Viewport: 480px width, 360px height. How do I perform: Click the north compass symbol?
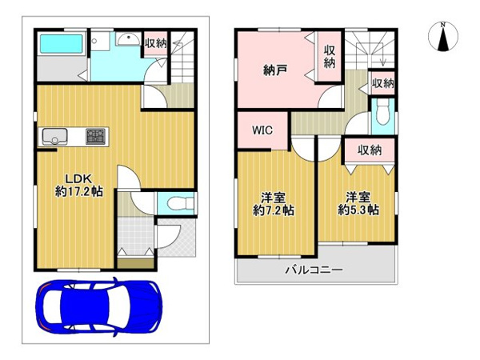pos(443,36)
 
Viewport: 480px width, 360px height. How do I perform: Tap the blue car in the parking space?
pos(99,307)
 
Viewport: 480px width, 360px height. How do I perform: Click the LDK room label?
pos(79,178)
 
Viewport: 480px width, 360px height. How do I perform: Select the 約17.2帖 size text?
pos(79,192)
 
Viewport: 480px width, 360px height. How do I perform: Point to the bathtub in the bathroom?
pos(62,45)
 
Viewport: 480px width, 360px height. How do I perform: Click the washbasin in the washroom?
pos(128,39)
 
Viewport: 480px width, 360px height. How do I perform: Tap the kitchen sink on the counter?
pos(54,136)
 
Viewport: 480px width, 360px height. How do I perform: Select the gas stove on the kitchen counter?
pos(95,136)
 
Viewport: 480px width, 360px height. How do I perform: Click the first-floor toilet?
pos(181,203)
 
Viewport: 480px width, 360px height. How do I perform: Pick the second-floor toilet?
pos(382,114)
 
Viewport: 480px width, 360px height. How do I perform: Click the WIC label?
pos(262,130)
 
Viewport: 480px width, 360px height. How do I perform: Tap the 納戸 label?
pos(275,70)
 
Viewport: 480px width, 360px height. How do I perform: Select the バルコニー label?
pos(314,270)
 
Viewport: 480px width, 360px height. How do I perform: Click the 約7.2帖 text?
pos(274,210)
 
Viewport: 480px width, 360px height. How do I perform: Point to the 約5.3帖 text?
pos(358,210)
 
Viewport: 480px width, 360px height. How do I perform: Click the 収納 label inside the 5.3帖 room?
pos(370,150)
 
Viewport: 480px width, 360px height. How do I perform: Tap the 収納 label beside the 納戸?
pos(330,57)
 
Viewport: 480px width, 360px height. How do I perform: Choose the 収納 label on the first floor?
pos(156,43)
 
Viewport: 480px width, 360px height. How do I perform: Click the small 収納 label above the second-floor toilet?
pos(382,83)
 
